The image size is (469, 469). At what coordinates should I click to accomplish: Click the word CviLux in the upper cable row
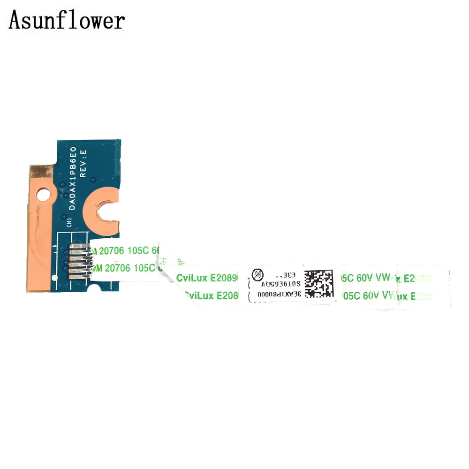(x=192, y=278)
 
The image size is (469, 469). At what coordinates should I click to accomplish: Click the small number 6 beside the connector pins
(x=56, y=247)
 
